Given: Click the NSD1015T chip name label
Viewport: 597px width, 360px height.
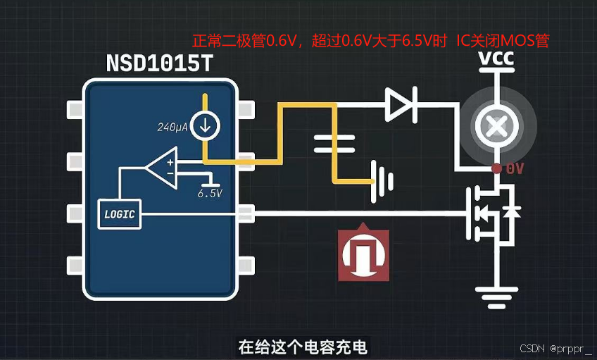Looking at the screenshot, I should [158, 64].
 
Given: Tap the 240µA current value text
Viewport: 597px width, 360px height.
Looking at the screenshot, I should [173, 128].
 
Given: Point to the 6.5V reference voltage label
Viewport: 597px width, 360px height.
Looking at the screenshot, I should [210, 192].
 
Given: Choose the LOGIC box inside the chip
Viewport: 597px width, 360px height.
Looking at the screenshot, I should [118, 213].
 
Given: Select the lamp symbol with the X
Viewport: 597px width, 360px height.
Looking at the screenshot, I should [497, 127].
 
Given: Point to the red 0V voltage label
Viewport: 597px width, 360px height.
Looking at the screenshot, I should [515, 169].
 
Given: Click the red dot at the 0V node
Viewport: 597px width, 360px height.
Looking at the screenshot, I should [496, 169].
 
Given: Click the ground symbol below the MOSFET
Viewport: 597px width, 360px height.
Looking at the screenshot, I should [496, 295].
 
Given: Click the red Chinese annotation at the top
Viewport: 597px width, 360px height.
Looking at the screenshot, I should [370, 41].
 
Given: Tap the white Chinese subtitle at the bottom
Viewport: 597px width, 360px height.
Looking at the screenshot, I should [303, 347].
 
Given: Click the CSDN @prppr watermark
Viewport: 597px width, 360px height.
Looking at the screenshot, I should [555, 349].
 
